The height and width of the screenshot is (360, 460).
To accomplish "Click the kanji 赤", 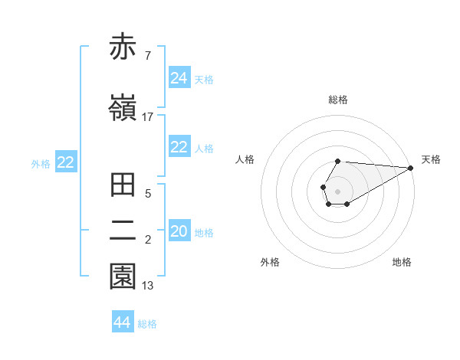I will point(123,47).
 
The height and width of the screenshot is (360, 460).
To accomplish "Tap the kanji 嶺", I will point(123,107).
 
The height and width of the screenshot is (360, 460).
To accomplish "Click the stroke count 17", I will point(148,116).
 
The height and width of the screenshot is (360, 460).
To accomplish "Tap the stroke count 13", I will point(148,286).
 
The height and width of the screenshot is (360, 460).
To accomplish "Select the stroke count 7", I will point(147,56).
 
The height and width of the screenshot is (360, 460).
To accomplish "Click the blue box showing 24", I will point(179,78).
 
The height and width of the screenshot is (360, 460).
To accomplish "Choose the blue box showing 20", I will point(179,231).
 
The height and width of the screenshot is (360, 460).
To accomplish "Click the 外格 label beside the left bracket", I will point(41,163).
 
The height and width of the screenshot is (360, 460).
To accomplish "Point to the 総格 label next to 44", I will point(147,324).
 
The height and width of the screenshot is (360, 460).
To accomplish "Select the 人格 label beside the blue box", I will point(204,149).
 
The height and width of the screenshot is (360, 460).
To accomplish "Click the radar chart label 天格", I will point(431,159).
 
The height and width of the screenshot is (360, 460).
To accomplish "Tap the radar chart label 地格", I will point(402,262).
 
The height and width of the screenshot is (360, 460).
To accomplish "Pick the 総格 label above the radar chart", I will point(337,100).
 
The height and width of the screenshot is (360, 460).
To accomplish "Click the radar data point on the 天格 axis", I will point(410,168).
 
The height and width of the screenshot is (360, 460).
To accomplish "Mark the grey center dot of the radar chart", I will point(337,190).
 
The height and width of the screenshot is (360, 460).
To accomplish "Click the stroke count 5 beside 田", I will point(147,194).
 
